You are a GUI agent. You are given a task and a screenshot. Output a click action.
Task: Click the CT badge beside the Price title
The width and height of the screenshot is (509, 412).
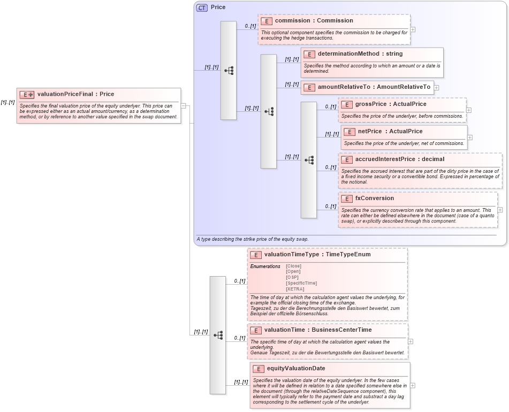[x=202, y=7]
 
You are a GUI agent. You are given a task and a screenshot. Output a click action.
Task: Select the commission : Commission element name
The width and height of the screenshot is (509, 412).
[x=314, y=20]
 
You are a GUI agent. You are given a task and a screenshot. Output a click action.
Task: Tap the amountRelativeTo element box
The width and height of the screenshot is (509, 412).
[x=367, y=87]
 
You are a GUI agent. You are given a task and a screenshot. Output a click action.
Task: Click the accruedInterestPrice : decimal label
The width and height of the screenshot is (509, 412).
[x=399, y=159]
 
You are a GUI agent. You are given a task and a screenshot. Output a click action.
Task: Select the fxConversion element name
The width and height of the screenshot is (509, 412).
[x=374, y=198]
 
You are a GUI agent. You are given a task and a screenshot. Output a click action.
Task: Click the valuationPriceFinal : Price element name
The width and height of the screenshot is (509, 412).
[x=75, y=94]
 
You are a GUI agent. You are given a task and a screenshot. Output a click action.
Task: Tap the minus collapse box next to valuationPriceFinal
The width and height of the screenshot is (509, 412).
[x=183, y=105]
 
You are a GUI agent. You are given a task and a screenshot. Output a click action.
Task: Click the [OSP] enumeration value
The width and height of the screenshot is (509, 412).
[x=292, y=277]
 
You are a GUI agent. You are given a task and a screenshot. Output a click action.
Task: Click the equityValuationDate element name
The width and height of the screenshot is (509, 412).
[x=295, y=368]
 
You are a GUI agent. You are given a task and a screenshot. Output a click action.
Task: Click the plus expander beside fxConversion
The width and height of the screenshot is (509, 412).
[x=500, y=210]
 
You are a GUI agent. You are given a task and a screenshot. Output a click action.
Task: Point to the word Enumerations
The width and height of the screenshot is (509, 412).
[x=265, y=266]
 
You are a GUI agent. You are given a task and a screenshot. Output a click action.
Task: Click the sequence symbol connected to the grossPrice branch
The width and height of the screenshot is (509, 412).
[x=309, y=160]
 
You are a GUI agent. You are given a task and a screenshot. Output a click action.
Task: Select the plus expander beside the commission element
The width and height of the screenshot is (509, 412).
[x=413, y=29]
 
